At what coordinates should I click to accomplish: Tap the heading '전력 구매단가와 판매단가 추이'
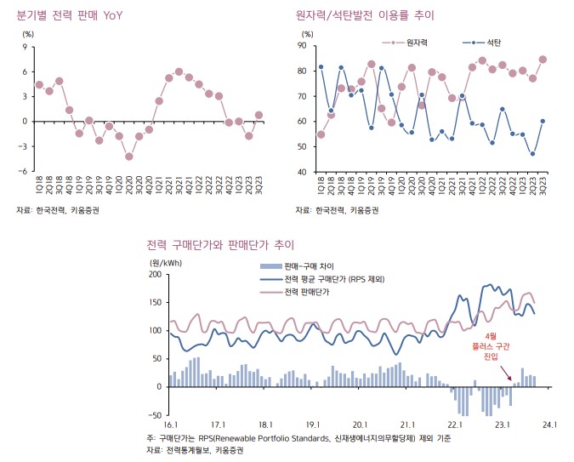click(x=219, y=246)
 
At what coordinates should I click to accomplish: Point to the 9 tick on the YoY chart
click(x=25, y=47)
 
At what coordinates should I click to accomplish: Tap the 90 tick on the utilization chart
click(x=304, y=45)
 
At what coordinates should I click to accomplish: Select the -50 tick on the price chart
click(x=155, y=414)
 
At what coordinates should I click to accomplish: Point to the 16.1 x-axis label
click(x=170, y=423)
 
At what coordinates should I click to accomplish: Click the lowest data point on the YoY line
click(x=129, y=156)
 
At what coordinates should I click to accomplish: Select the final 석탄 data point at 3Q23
click(x=543, y=121)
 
